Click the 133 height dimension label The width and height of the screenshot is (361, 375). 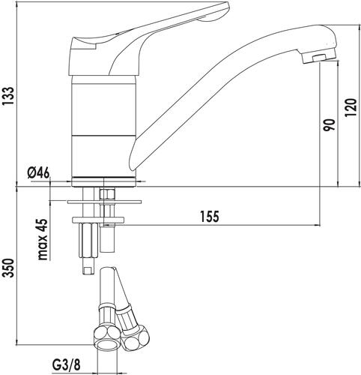click(x=8, y=97)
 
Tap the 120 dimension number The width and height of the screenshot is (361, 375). click(x=351, y=108)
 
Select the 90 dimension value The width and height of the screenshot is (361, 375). click(x=329, y=125)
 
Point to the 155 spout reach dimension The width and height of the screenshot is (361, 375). click(x=210, y=216)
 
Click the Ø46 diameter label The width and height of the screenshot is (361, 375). click(x=39, y=172)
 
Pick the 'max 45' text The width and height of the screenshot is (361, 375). click(x=43, y=239)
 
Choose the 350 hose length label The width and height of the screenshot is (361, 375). click(x=8, y=268)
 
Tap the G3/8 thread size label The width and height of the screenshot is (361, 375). click(x=67, y=365)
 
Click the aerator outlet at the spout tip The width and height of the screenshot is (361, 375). click(x=321, y=58)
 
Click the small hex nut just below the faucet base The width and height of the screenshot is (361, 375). click(x=107, y=194)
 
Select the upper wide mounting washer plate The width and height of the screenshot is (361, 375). click(x=104, y=202)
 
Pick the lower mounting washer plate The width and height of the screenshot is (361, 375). click(x=98, y=220)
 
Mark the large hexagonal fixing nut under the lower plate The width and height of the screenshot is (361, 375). click(x=88, y=240)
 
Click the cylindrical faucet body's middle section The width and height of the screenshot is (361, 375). click(x=103, y=110)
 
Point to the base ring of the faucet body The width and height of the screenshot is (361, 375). click(x=103, y=181)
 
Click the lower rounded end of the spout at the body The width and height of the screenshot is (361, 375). click(x=133, y=160)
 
